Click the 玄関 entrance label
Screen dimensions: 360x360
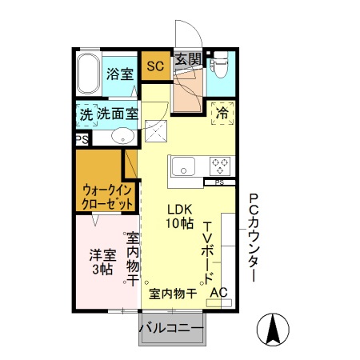tap(189, 59)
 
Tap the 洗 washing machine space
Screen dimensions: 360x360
tap(86, 114)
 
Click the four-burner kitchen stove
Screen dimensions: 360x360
tap(221, 166)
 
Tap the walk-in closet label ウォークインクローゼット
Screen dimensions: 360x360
tap(106, 197)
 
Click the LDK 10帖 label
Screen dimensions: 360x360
tap(179, 217)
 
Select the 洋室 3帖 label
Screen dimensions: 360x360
tap(102, 262)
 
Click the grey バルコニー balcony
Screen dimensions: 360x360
tap(172, 327)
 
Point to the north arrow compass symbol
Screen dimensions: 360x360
tap(273, 329)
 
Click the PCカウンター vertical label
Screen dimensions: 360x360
tap(253, 238)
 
